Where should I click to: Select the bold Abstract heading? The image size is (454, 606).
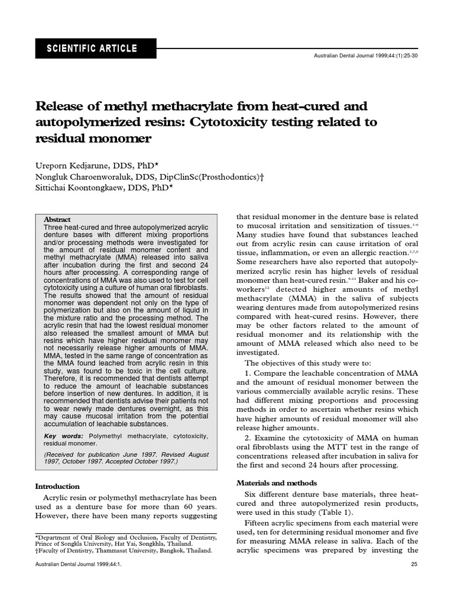57,219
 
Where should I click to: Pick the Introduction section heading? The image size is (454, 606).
58,486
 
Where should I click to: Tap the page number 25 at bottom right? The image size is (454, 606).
414,581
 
